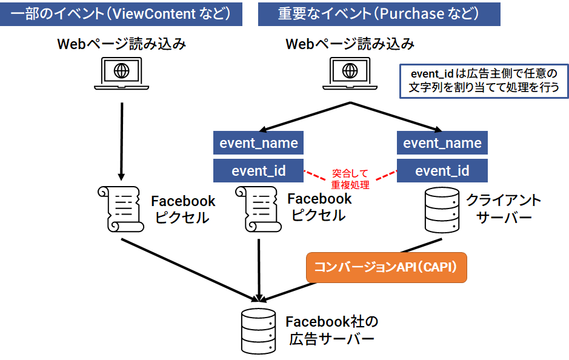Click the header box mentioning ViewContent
121,13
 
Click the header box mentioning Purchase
379,13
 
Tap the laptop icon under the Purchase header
350,73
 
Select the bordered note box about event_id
484,81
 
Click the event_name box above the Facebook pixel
259,144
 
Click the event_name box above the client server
442,144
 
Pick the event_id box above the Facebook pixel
259,171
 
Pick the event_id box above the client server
442,171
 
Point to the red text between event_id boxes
350,179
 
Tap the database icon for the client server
442,210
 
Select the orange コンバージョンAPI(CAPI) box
387,267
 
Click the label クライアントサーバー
502,209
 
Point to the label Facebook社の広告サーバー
331,330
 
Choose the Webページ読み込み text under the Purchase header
350,44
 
